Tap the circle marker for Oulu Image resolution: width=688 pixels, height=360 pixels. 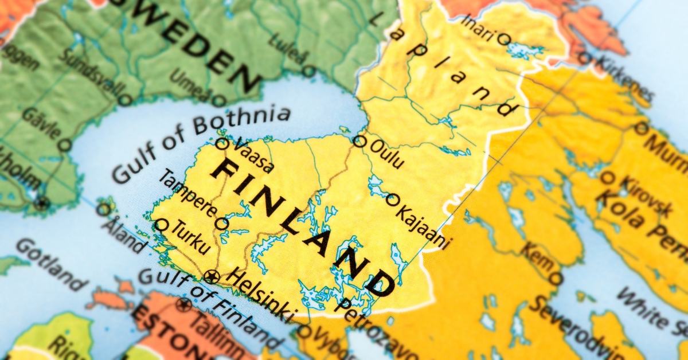coord(359,141)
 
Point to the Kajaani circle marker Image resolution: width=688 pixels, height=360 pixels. coord(392,199)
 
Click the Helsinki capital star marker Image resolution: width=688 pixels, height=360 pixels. coord(212,277)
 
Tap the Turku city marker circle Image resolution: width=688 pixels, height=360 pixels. coord(162,225)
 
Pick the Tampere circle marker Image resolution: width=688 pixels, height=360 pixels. coord(221,223)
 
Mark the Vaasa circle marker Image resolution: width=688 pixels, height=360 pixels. coord(222,143)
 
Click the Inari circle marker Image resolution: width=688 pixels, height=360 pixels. coord(503,39)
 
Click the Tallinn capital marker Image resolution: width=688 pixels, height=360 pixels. coord(184,304)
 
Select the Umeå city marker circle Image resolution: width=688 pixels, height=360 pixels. coord(217,101)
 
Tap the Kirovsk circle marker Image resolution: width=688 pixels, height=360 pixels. coord(607,178)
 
